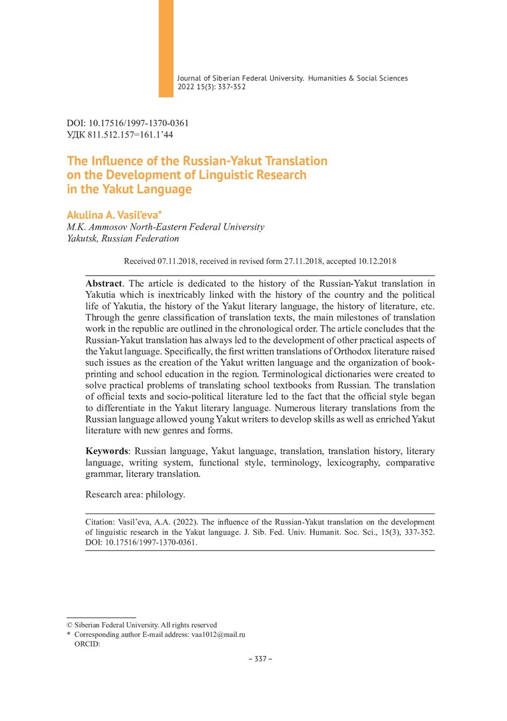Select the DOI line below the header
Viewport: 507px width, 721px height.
click(x=128, y=124)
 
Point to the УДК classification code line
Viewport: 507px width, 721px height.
click(x=120, y=134)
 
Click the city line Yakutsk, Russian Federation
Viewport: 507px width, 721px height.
click(x=123, y=238)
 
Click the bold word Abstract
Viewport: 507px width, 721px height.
click(x=103, y=283)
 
